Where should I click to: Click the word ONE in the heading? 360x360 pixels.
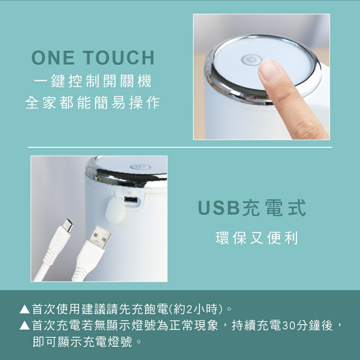(x=53, y=58)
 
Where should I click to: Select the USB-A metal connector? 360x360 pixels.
(x=99, y=237)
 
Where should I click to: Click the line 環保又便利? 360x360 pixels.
(x=257, y=238)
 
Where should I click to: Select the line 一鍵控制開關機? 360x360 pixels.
(x=93, y=82)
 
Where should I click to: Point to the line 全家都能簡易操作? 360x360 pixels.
(x=93, y=103)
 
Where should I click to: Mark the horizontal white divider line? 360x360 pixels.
(x=180, y=147)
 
